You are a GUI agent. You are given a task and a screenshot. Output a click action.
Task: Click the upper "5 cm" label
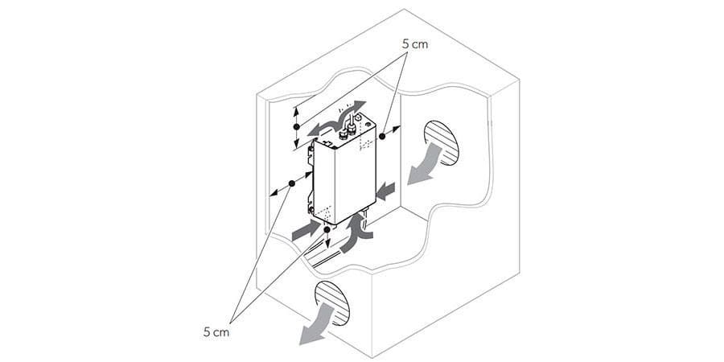click(415, 44)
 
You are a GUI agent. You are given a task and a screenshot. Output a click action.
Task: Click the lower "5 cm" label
click(216, 331)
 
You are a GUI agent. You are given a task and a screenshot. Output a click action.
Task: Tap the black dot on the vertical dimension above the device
click(296, 126)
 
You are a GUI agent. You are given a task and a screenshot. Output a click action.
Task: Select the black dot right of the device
click(382, 136)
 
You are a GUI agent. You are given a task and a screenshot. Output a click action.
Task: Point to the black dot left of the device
click(291, 183)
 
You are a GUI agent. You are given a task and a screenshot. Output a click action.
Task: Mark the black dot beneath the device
click(327, 229)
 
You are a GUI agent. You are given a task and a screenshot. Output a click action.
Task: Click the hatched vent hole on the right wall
click(442, 143)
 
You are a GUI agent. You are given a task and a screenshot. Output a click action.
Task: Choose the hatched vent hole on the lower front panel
click(332, 303)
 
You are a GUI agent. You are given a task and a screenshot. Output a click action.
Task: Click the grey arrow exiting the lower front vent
click(316, 325)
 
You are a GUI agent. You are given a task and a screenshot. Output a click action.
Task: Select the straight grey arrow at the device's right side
click(385, 191)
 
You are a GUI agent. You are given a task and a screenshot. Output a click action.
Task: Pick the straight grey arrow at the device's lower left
click(306, 230)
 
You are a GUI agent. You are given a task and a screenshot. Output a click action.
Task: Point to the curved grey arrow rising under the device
click(356, 232)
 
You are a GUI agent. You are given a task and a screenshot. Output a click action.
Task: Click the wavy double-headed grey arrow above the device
click(336, 119)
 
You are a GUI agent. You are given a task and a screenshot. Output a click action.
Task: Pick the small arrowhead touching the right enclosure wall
click(397, 127)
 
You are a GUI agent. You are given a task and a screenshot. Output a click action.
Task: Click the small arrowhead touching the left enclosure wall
click(273, 194)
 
